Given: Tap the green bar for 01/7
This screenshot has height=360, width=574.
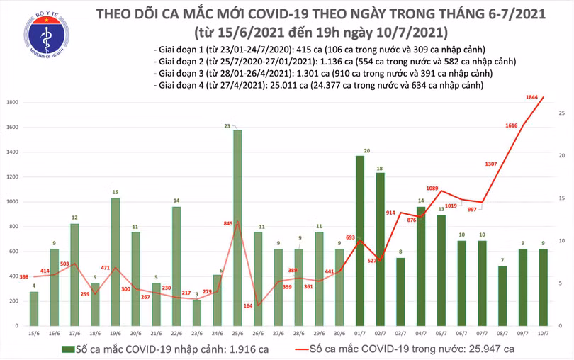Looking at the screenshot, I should click(x=360, y=241).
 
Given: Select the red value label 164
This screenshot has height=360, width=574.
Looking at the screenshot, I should click(x=247, y=305).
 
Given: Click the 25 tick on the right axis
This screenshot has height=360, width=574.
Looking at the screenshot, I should click(x=561, y=113).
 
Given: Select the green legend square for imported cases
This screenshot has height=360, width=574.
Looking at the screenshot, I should click(x=65, y=349).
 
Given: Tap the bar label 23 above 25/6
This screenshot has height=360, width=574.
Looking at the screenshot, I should click(x=227, y=125).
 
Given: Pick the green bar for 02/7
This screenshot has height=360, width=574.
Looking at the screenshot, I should click(x=381, y=249).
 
